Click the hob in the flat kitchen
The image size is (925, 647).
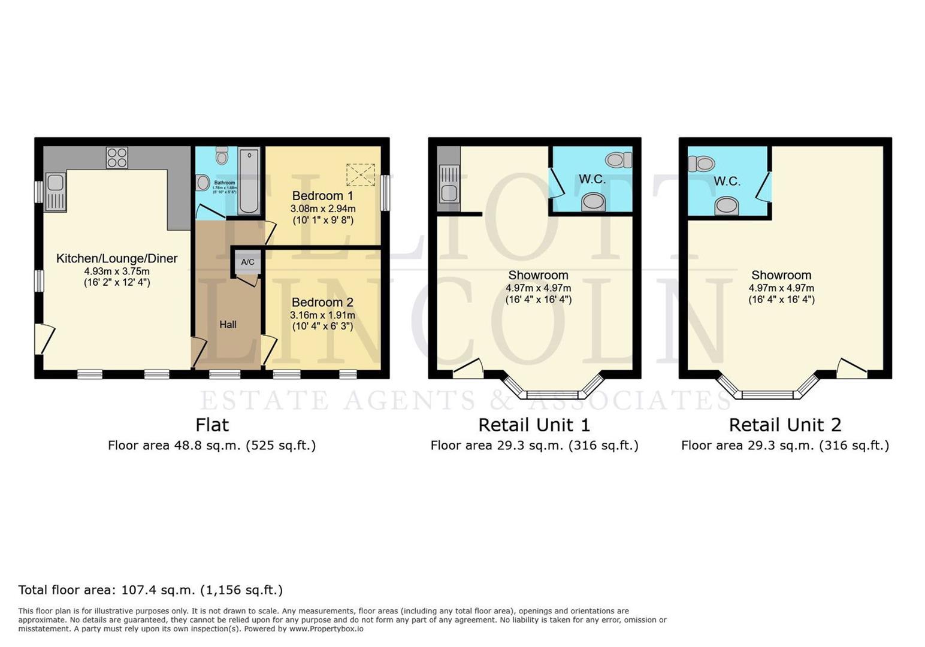[117, 158]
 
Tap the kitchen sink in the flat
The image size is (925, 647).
[55, 192]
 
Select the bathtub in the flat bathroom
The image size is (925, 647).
[249, 181]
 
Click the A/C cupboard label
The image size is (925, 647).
[247, 262]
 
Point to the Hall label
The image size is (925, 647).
[228, 325]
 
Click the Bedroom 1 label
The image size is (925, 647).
[322, 196]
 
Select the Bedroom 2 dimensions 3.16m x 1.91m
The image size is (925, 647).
[322, 315]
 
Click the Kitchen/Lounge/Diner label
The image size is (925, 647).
[117, 259]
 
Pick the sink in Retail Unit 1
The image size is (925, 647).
[448, 184]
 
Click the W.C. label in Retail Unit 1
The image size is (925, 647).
[592, 179]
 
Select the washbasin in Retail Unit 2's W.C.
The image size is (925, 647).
[726, 205]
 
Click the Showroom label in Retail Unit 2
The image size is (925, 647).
[781, 276]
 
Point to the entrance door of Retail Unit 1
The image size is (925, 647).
[468, 369]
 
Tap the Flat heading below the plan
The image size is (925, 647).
[212, 425]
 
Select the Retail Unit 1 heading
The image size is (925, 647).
[534, 425]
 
